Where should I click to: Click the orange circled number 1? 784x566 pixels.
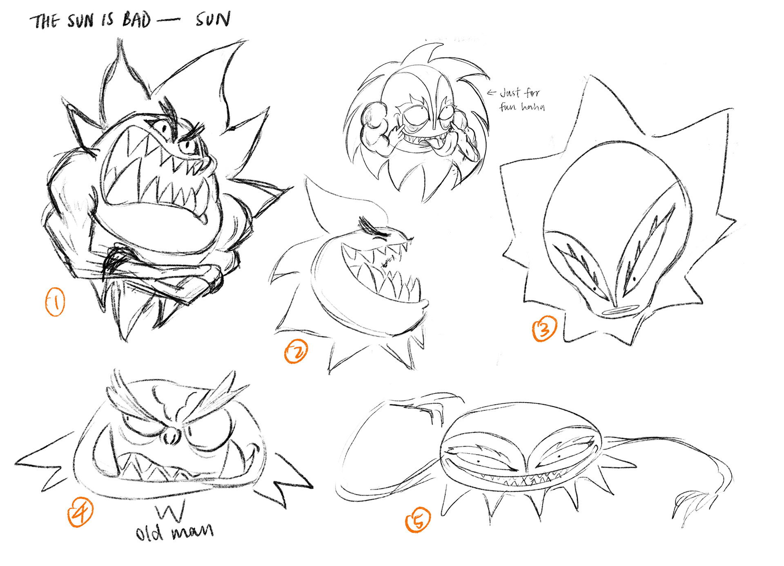click(x=55, y=302)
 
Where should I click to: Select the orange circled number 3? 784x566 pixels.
click(x=544, y=329)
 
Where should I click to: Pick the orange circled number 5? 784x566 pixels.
click(x=418, y=520)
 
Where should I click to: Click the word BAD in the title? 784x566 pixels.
click(x=137, y=20)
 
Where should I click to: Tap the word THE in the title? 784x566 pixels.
click(x=45, y=21)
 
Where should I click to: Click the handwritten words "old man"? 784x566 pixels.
click(x=174, y=532)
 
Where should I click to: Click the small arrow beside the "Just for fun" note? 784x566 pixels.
click(x=492, y=93)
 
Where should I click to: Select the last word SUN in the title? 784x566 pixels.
click(x=213, y=19)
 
